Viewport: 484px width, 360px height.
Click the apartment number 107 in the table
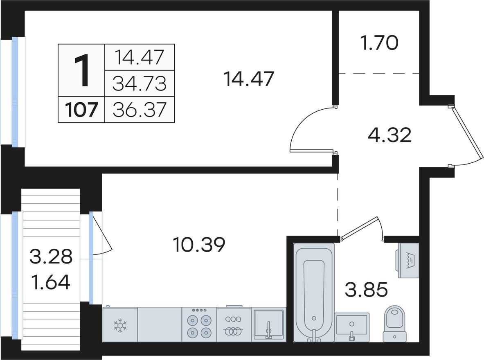tap(81, 110)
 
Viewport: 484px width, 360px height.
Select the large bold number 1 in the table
tap(82, 70)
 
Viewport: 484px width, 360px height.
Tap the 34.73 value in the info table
tap(140, 84)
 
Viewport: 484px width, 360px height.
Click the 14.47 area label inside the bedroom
tap(249, 79)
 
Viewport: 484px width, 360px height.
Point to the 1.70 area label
tap(379, 43)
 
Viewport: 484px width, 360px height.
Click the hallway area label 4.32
tap(389, 135)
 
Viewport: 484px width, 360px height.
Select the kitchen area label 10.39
tap(199, 245)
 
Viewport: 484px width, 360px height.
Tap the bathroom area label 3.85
tap(366, 290)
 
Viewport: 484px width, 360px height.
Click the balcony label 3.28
tap(51, 256)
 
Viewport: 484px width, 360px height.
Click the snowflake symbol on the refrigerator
tap(120, 326)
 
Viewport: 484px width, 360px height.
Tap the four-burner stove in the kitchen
tap(199, 324)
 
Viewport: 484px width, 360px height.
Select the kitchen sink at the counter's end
tap(268, 324)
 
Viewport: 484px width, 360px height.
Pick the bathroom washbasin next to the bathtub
tap(352, 327)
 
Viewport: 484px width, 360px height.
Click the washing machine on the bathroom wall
tap(408, 260)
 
